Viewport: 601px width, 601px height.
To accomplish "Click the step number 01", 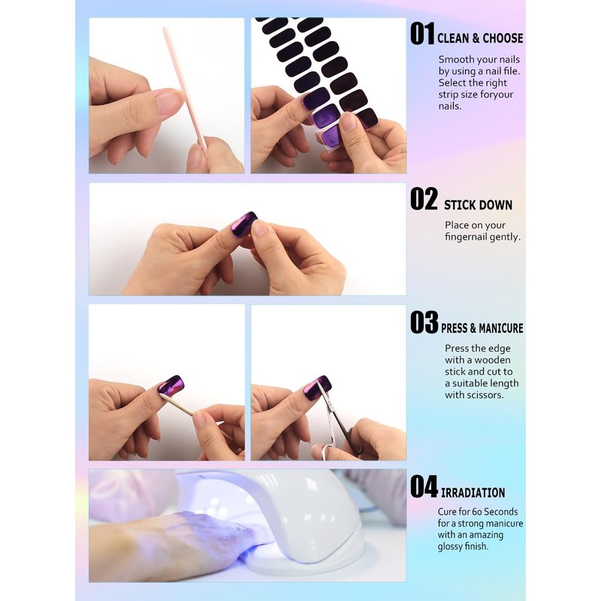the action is click(422, 34).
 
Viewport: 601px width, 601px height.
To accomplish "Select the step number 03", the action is click(424, 322).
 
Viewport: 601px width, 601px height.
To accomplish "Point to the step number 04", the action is click(424, 486).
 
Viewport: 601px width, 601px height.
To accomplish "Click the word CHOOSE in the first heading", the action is click(503, 38).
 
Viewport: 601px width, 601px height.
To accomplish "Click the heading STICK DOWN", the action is click(478, 205).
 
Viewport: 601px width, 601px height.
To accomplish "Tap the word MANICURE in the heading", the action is click(500, 328).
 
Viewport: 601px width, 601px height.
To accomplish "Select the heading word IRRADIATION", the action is click(473, 493).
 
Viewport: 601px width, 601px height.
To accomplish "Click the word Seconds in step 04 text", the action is click(500, 512).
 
